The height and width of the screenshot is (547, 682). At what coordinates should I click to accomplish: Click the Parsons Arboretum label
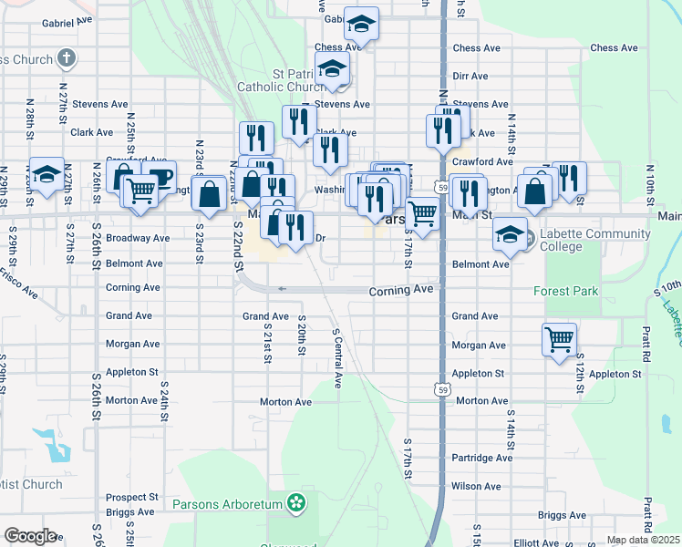click(x=228, y=503)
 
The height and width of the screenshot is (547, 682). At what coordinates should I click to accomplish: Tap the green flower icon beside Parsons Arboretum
click(x=295, y=502)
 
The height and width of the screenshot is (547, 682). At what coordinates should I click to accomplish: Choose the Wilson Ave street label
click(x=476, y=486)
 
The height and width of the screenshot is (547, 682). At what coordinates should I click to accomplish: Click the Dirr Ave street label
click(x=470, y=77)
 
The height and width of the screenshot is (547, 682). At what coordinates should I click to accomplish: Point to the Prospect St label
click(x=131, y=498)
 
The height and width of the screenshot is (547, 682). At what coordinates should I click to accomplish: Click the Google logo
click(x=30, y=536)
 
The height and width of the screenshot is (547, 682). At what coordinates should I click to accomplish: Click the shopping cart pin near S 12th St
click(x=559, y=340)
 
